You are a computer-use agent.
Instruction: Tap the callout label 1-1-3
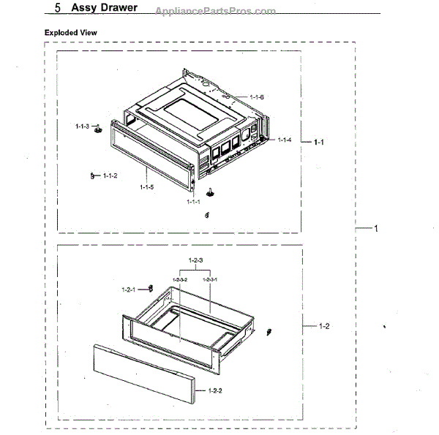(82, 126)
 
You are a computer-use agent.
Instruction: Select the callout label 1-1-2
(110, 175)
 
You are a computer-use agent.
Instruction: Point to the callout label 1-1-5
(146, 188)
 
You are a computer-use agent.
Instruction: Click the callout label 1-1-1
(193, 201)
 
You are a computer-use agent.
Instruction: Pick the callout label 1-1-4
(285, 140)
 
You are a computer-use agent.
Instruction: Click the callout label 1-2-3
(195, 261)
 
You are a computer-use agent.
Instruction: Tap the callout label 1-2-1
(130, 290)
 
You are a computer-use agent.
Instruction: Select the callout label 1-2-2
(215, 391)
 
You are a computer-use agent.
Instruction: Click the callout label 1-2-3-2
(180, 279)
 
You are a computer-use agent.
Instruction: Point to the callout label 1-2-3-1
(210, 279)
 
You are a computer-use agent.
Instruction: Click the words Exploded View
(71, 33)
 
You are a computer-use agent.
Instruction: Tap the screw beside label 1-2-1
(149, 287)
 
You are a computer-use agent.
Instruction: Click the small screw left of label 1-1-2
(93, 175)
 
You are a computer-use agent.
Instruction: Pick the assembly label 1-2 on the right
(325, 326)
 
